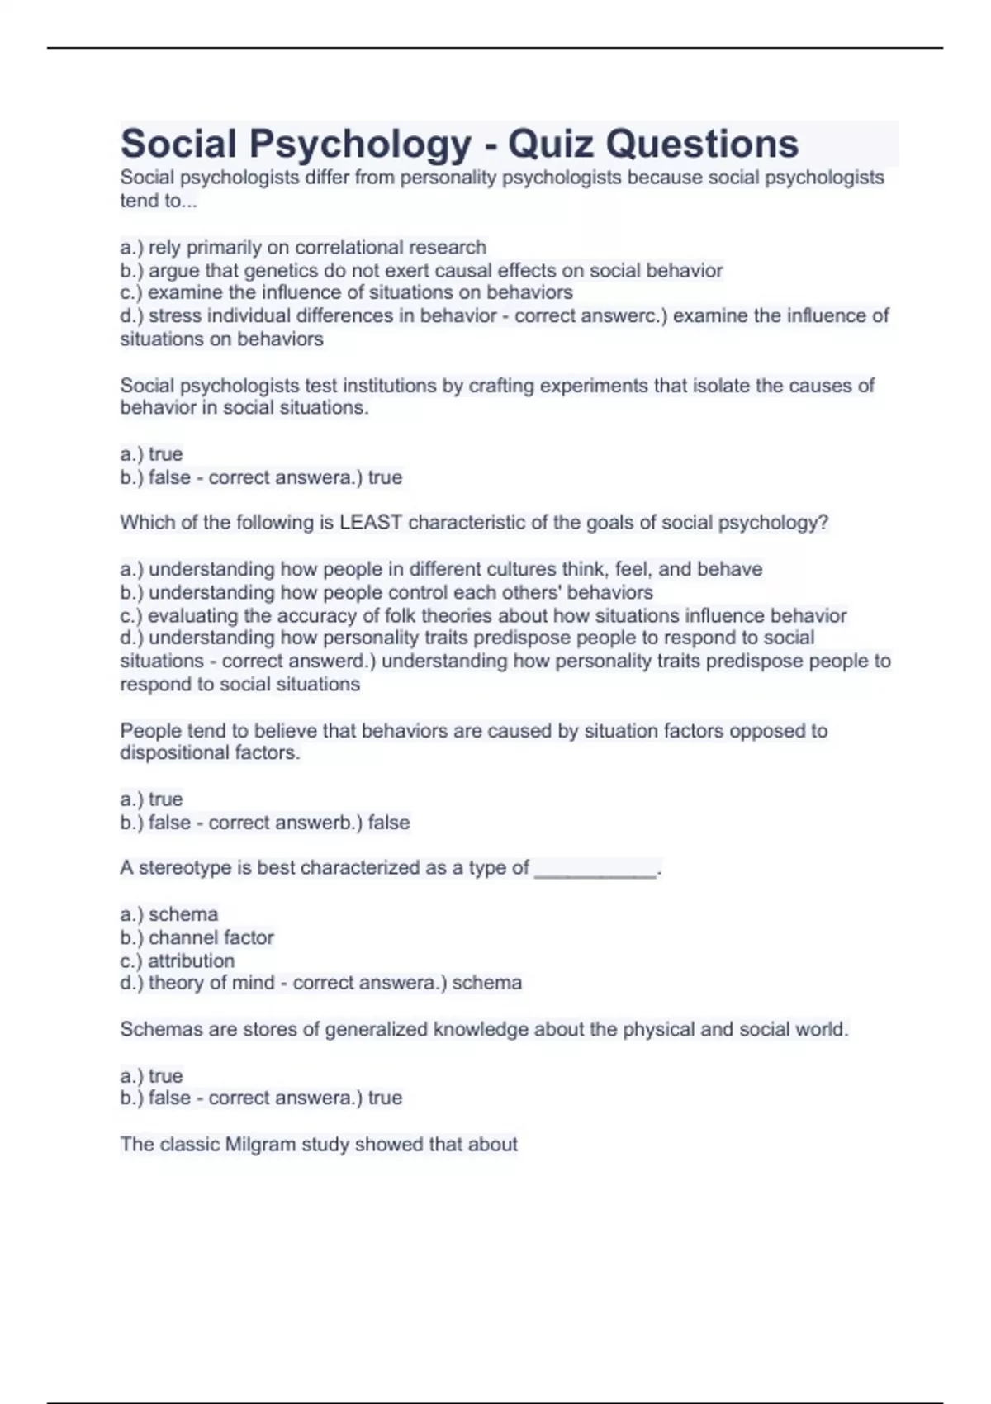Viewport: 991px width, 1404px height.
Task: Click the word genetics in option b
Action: [x=278, y=270]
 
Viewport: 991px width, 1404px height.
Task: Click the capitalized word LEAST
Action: [x=371, y=522]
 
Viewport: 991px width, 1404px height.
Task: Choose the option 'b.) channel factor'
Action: [x=197, y=937]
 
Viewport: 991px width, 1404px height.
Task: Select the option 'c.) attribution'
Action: [x=177, y=961]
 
